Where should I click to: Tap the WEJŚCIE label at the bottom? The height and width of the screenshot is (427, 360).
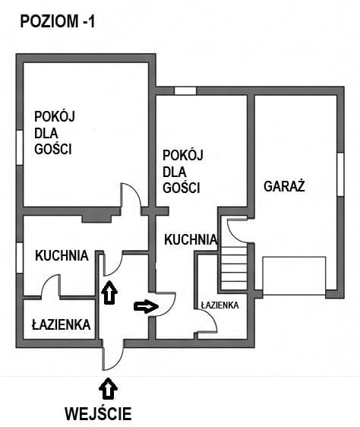click(98, 414)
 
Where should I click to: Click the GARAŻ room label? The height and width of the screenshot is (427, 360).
click(284, 186)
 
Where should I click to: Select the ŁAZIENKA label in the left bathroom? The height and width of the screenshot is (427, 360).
click(62, 325)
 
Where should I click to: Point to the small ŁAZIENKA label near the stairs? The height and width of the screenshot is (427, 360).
click(220, 305)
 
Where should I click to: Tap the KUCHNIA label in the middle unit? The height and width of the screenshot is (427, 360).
click(191, 239)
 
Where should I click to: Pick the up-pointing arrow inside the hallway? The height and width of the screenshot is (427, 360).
click(110, 292)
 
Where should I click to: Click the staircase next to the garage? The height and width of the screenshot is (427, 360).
click(234, 267)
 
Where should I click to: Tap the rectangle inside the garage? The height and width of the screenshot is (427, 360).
click(293, 274)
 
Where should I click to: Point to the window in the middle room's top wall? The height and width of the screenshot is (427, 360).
click(185, 91)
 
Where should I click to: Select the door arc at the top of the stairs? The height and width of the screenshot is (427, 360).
click(236, 228)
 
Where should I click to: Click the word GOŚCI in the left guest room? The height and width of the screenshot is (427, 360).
click(53, 150)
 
